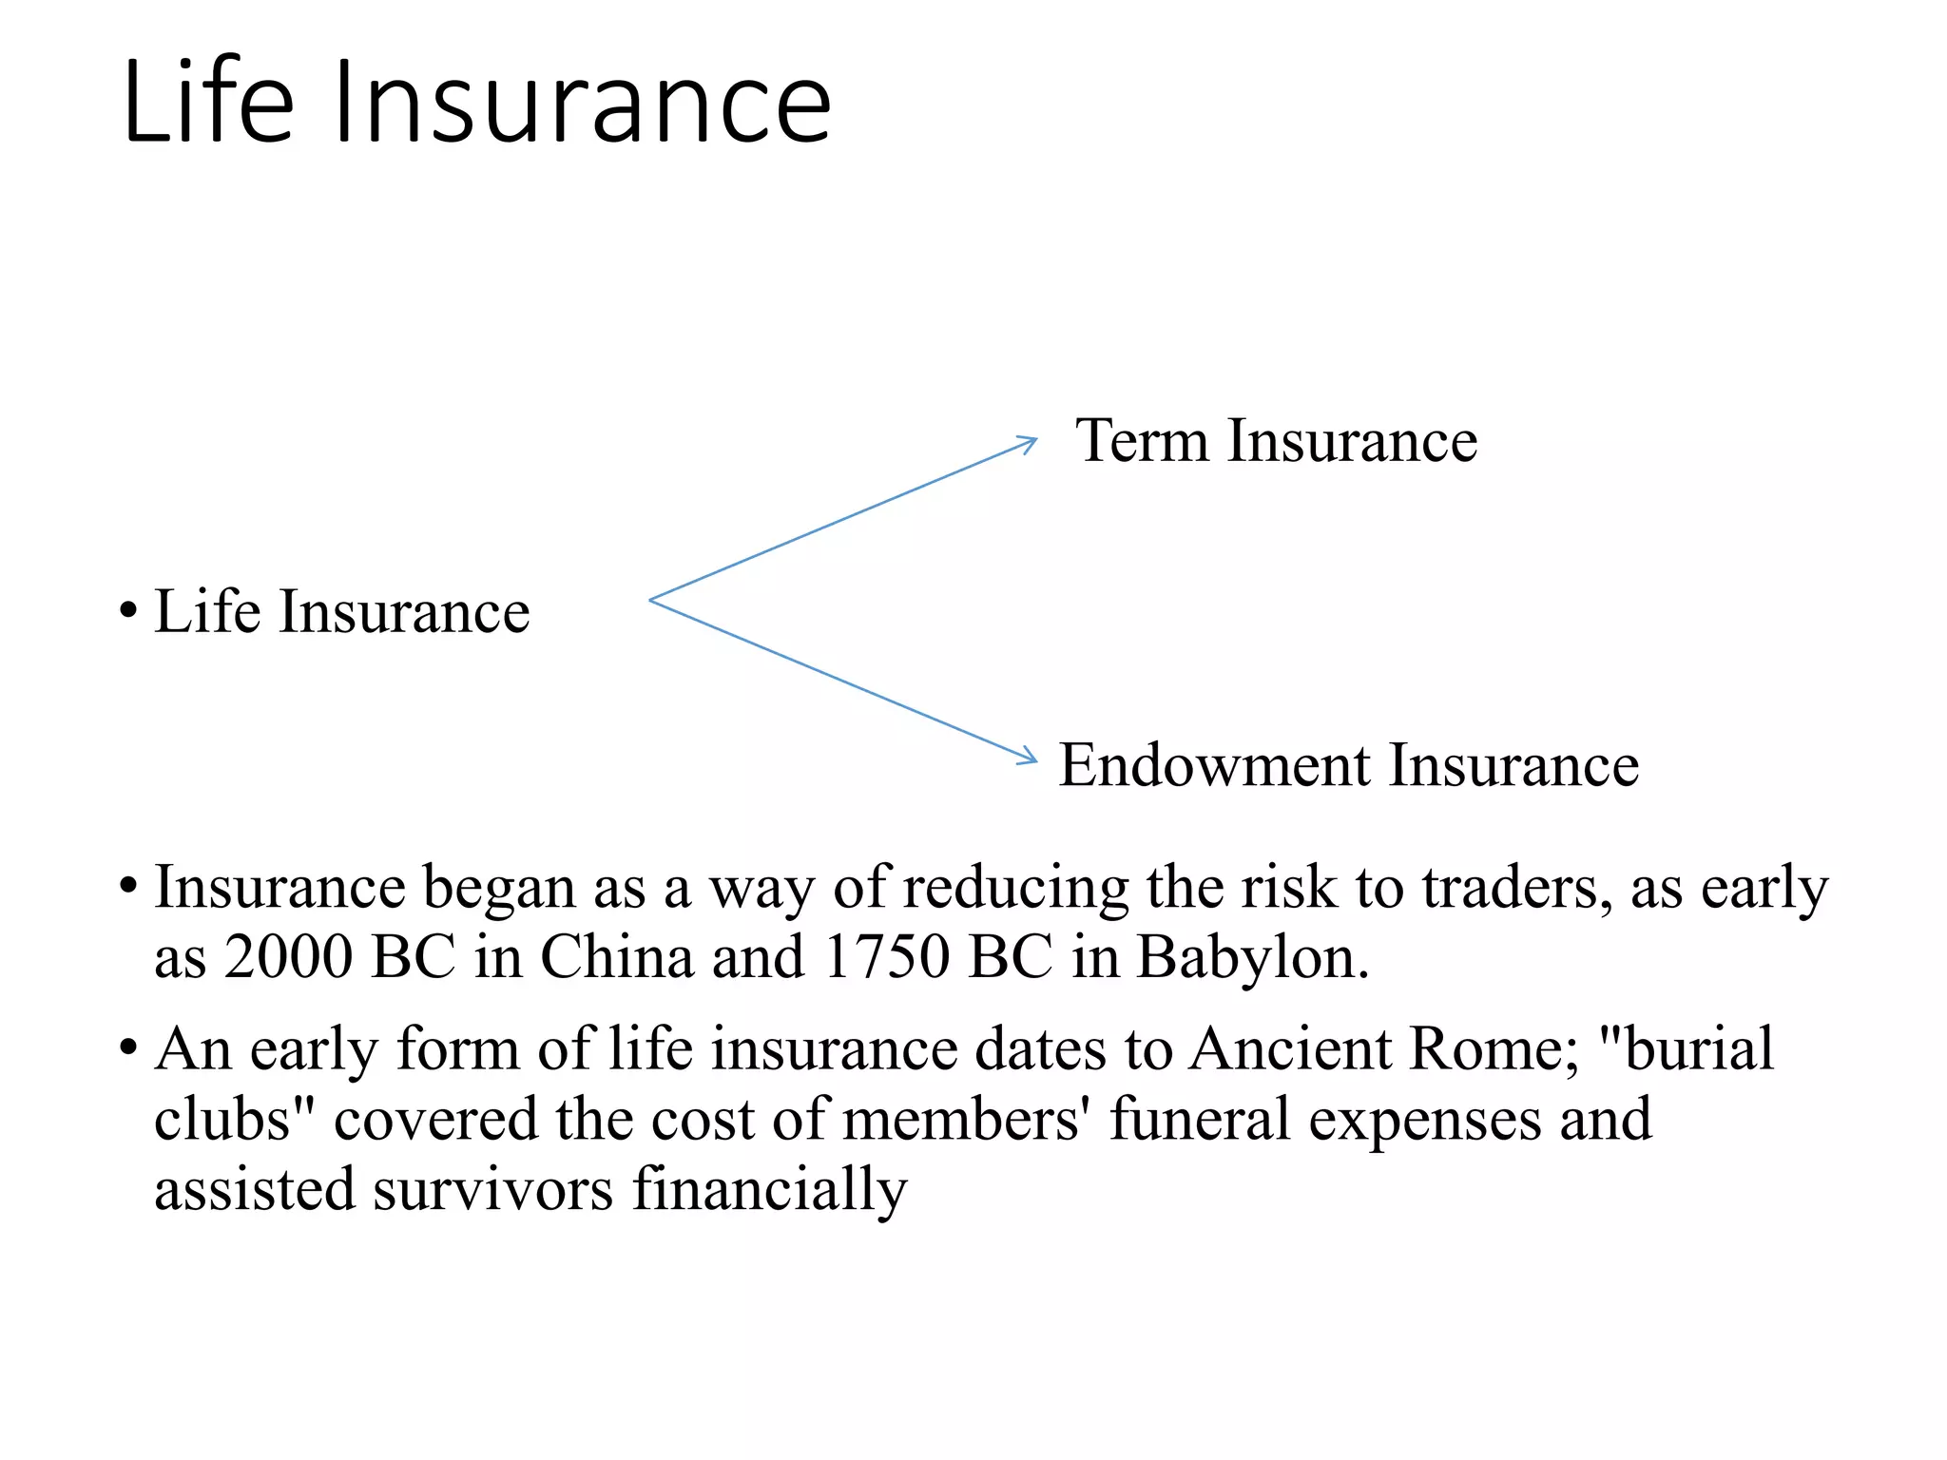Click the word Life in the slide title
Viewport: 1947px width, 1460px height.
point(209,103)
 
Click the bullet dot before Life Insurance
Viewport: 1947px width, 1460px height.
point(128,611)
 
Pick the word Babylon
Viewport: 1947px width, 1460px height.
point(1252,958)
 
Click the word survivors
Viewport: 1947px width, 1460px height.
point(492,1189)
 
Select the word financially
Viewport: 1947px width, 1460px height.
point(770,1191)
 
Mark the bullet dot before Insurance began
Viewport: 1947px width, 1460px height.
point(128,888)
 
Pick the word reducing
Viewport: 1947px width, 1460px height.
point(1014,890)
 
